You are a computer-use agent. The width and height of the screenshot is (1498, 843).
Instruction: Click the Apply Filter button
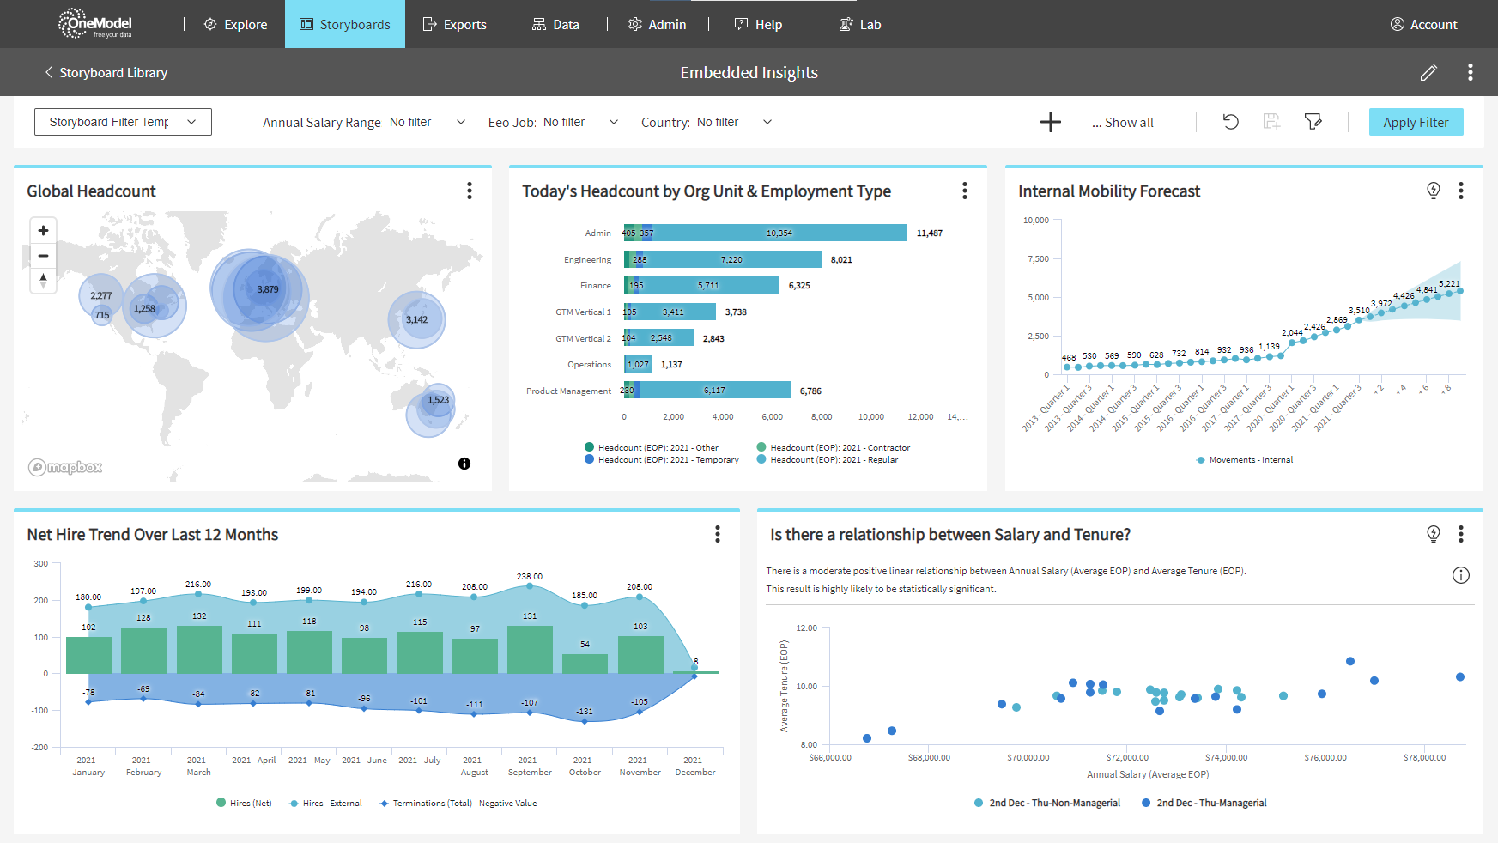pyautogui.click(x=1416, y=122)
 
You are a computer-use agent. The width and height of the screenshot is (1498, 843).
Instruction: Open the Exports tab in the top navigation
pyautogui.click(x=455, y=25)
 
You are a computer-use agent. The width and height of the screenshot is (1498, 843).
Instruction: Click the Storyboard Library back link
pyautogui.click(x=106, y=73)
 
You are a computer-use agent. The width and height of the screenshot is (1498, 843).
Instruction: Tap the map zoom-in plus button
pyautogui.click(x=43, y=230)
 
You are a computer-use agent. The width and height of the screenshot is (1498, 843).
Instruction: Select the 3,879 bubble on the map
pyautogui.click(x=267, y=290)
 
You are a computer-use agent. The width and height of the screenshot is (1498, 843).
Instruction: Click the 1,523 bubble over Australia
pyautogui.click(x=438, y=400)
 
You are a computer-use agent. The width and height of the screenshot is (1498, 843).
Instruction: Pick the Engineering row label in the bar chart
pyautogui.click(x=587, y=259)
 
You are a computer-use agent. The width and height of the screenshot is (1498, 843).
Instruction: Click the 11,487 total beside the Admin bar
pyautogui.click(x=929, y=233)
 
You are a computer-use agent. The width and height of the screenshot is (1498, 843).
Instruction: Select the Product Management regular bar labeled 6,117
pyautogui.click(x=714, y=391)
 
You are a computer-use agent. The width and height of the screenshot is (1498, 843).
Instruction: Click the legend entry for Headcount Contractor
pyautogui.click(x=839, y=447)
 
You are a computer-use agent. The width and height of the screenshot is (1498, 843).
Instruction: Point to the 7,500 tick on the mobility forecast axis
pyautogui.click(x=1038, y=258)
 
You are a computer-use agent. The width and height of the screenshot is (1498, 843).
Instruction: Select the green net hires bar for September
pyautogui.click(x=530, y=650)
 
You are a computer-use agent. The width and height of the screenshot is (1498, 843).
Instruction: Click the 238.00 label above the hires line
pyautogui.click(x=529, y=576)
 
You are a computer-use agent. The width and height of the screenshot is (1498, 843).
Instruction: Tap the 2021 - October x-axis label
pyautogui.click(x=585, y=766)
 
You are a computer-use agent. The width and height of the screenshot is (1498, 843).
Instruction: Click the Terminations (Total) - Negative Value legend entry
pyautogui.click(x=464, y=804)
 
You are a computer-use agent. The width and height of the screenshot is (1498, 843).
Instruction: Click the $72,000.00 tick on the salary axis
pyautogui.click(x=1127, y=757)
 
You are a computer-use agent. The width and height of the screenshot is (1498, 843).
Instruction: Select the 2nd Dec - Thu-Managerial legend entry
pyautogui.click(x=1210, y=803)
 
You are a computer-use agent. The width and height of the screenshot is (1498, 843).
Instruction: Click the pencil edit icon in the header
pyautogui.click(x=1428, y=73)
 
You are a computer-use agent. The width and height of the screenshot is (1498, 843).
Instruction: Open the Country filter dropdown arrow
pyautogui.click(x=767, y=122)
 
